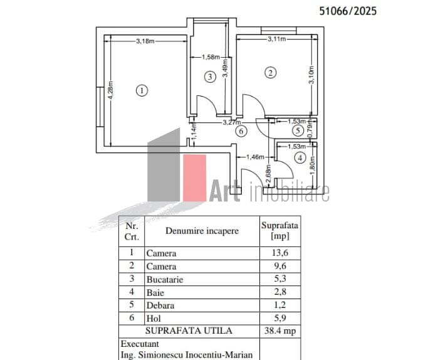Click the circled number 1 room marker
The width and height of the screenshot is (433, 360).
[142, 90]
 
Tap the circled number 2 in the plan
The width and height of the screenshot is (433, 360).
[270, 73]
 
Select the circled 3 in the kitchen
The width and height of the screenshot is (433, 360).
[210, 77]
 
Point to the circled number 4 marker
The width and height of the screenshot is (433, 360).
[300, 158]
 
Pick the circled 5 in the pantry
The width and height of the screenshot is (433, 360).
[298, 130]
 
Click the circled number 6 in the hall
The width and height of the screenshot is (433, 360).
[241, 131]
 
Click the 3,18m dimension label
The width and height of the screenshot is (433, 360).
[145, 41]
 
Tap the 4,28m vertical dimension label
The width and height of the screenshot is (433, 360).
[110, 90]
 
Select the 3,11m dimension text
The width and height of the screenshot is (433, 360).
[277, 39]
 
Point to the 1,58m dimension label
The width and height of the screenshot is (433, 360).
[211, 57]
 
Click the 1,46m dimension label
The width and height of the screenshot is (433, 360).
[255, 157]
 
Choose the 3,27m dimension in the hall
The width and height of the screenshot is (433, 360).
[232, 122]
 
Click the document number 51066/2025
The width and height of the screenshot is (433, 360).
[348, 11]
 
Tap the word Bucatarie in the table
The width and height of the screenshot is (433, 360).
[165, 280]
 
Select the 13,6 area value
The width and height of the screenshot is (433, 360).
[280, 253]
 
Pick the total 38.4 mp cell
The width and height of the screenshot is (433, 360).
[280, 331]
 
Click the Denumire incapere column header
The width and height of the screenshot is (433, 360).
[202, 231]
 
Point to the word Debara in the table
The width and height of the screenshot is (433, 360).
[160, 305]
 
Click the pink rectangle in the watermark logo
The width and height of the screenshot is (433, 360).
[194, 178]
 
